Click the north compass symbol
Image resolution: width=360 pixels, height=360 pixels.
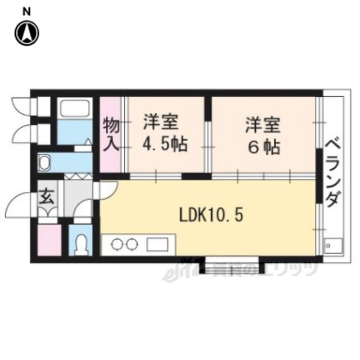point(26,33)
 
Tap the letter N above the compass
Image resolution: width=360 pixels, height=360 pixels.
point(26,11)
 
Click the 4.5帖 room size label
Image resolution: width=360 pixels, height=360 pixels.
point(165,145)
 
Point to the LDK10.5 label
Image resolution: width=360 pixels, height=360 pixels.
point(211,215)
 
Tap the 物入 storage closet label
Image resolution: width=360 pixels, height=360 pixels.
point(110,135)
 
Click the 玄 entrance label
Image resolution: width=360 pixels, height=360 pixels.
point(46,199)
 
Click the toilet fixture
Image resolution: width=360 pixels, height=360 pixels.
point(82,244)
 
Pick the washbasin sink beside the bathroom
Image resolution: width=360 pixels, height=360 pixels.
point(44,164)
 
